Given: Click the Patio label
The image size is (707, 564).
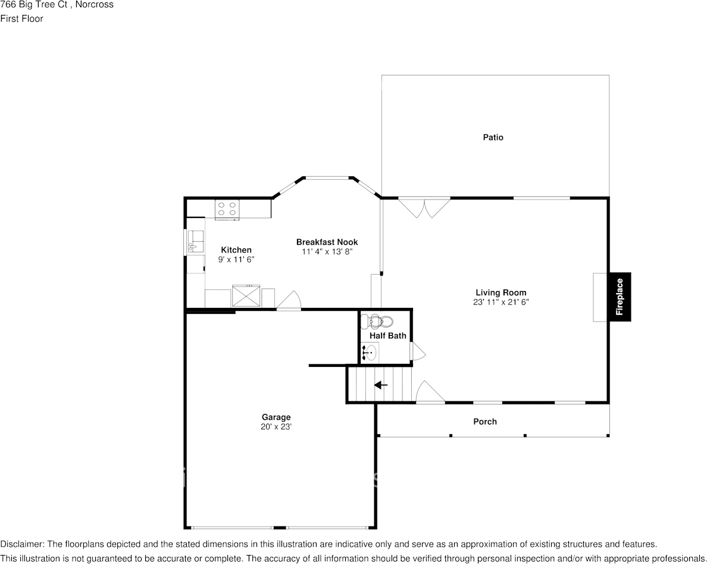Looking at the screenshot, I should pos(493,138).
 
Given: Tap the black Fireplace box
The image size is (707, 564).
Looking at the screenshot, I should pos(620,297).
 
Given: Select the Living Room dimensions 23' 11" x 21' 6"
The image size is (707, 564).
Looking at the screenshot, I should pos(500,302).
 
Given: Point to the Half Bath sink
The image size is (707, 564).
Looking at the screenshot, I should pos(370,353).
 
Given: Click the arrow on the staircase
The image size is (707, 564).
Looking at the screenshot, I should pos(380,385).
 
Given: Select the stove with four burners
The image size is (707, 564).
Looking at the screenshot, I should pos(227,208).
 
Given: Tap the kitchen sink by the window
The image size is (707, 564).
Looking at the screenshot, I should pos(195,244).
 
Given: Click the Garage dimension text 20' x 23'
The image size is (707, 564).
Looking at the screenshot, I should pos(276,427).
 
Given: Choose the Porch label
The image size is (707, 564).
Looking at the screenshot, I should pos(484,422).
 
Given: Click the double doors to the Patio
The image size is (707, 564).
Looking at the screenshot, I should pos(424,207).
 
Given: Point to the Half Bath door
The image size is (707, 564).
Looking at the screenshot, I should pos(418,351).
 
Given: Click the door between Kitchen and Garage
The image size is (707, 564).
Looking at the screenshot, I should pos(289,301).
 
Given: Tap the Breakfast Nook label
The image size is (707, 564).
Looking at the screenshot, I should pos(327,242).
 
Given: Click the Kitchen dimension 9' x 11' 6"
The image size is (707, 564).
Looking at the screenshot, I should pos(236,260).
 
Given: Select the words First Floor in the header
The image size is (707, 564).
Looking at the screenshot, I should pos(21,18).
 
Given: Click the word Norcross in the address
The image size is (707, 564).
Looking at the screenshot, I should pos(94,5).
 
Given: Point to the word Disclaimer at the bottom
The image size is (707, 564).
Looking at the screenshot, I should pos(21,544).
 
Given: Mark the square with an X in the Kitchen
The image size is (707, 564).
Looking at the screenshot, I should pos(246,295).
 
